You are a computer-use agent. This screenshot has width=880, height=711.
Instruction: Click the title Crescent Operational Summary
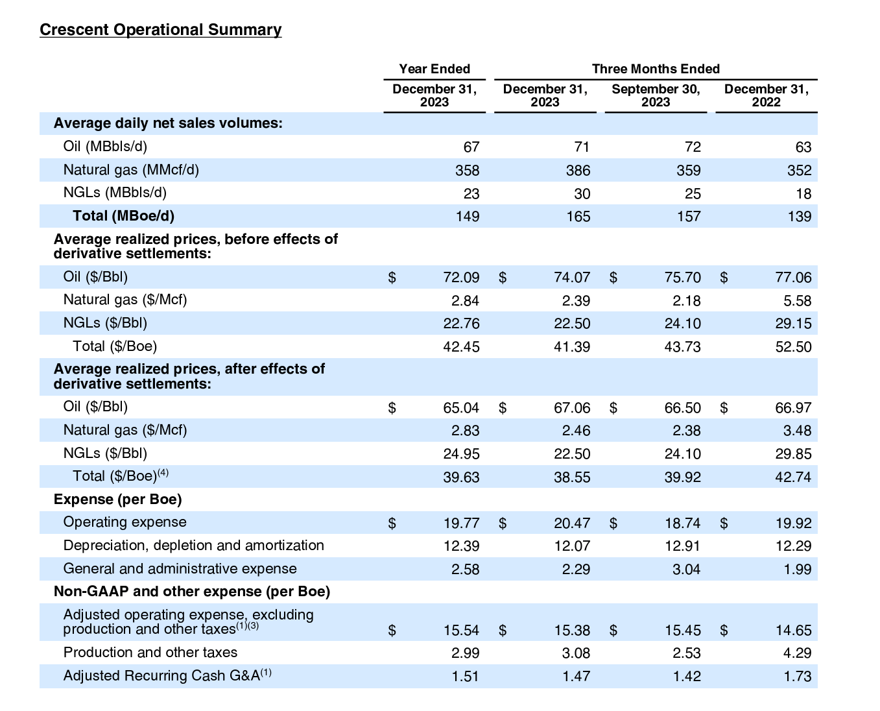(160, 30)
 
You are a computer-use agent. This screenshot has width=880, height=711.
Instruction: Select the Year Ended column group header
(434, 69)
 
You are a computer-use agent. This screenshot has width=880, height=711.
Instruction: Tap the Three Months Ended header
(656, 69)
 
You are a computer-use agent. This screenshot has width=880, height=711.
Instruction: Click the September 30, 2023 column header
(656, 95)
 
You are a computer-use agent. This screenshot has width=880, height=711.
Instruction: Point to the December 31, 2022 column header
(766, 95)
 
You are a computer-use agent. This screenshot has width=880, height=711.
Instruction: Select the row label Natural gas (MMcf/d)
(131, 170)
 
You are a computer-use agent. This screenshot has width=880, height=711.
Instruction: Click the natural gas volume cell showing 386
(578, 171)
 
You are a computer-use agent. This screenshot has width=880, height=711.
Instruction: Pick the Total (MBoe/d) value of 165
(578, 217)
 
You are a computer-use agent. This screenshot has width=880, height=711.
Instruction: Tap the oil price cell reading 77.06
(793, 278)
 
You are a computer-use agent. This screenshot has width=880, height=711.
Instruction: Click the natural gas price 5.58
(797, 301)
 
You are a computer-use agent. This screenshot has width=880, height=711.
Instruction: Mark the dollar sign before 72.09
(392, 278)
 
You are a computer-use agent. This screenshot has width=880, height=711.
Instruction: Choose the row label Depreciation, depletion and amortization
(193, 546)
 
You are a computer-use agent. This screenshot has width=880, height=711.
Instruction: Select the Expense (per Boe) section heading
(117, 500)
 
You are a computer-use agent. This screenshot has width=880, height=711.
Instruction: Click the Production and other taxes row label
(150, 653)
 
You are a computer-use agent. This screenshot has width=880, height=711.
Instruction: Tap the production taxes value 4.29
(797, 653)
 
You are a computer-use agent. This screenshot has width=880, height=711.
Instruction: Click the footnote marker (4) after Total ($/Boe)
(163, 473)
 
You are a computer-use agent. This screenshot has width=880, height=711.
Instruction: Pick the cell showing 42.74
(793, 477)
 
